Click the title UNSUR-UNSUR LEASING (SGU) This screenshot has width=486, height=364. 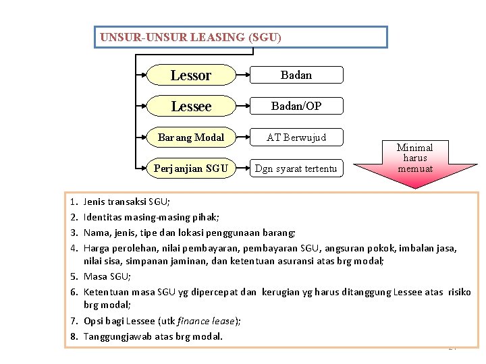point(190,38)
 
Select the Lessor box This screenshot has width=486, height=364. point(191,75)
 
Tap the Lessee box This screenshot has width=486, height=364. point(191,107)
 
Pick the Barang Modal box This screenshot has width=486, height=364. point(191,138)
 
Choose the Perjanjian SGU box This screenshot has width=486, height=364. point(191,168)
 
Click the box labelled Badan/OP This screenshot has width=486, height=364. point(296,106)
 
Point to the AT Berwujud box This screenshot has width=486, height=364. point(296,138)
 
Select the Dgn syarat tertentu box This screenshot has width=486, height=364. point(296,168)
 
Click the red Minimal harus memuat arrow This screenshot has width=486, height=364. point(414,160)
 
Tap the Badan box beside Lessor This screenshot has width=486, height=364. point(296,75)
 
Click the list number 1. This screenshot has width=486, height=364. point(72,202)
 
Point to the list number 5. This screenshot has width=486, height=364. point(72,276)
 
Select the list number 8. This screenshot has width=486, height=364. point(72,336)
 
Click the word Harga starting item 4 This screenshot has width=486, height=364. point(97,247)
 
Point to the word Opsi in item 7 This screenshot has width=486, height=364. point(94,321)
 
